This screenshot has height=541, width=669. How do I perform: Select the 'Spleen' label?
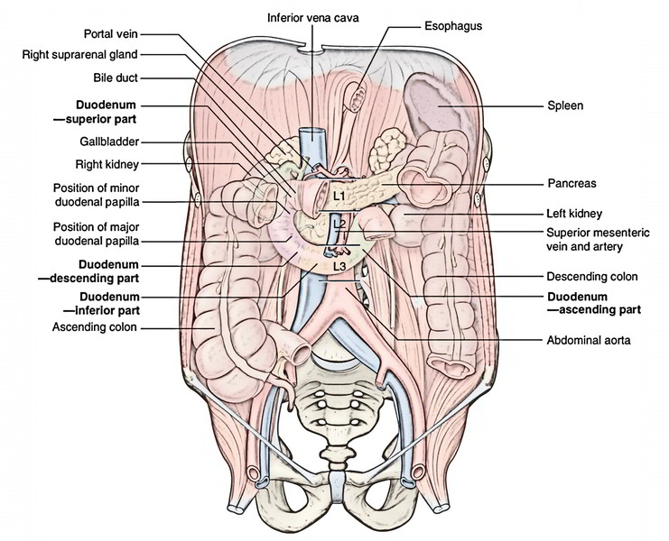coord(565,105)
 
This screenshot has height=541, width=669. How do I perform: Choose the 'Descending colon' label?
coord(591,276)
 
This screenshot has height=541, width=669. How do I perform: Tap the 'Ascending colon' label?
coord(96,327)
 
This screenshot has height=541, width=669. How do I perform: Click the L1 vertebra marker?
coord(339,194)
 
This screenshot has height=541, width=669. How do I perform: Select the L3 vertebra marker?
coord(339,266)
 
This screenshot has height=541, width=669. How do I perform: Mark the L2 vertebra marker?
coord(339,223)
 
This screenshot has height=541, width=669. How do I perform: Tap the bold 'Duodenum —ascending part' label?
coord(592,303)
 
